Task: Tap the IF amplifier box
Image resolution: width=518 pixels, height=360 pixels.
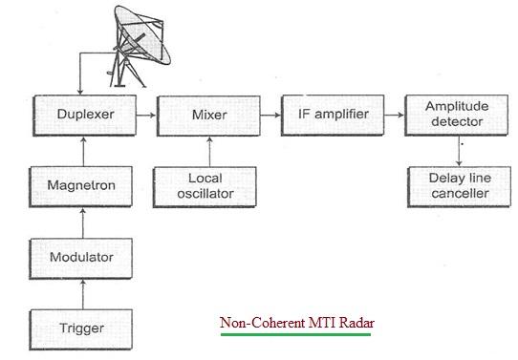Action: point(326,114)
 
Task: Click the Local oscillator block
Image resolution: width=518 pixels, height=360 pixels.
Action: point(206,185)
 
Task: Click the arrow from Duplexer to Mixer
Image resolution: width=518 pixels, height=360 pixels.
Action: point(145,114)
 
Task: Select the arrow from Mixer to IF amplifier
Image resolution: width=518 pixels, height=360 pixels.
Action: point(268,114)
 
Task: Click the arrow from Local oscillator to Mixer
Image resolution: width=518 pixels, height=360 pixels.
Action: point(206,149)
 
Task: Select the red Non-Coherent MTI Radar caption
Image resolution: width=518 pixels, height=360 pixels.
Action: point(297,323)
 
